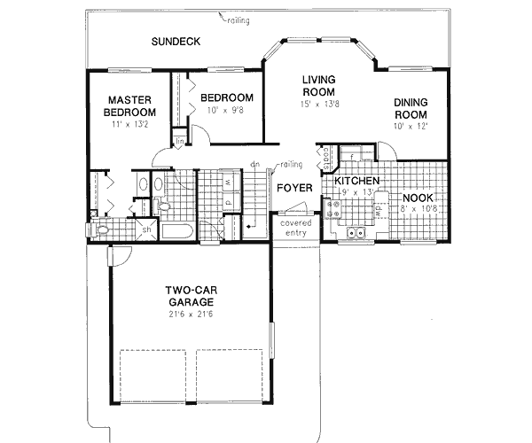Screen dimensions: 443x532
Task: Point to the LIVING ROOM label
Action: click(317, 85)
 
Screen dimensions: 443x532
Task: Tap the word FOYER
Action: click(293, 188)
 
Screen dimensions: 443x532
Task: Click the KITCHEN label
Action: click(357, 181)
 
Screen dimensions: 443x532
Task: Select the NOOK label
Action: click(417, 198)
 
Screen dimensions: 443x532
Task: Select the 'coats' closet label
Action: click(325, 157)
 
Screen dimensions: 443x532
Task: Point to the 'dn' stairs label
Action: click(254, 164)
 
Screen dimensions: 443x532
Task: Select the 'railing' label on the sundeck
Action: click(238, 19)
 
